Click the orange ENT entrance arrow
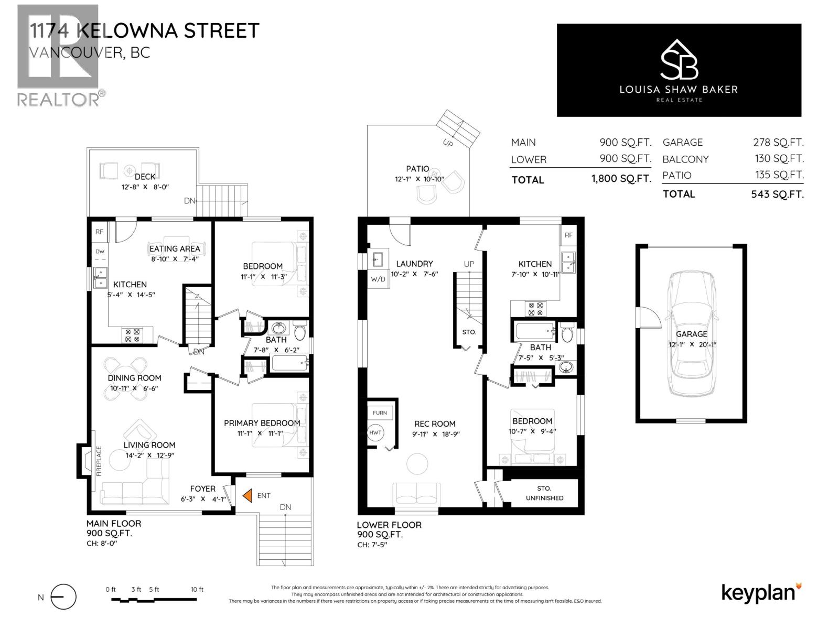pyautogui.click(x=246, y=495)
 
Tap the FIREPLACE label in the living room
pyautogui.click(x=98, y=461)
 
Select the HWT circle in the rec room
pyautogui.click(x=375, y=433)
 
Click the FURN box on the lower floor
pyautogui.click(x=380, y=413)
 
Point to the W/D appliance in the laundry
pyautogui.click(x=378, y=279)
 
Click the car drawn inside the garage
pyautogui.click(x=691, y=335)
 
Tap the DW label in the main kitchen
pyautogui.click(x=100, y=252)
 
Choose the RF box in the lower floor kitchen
pyautogui.click(x=569, y=235)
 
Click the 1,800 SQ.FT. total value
pyautogui.click(x=621, y=179)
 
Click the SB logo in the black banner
pyautogui.click(x=679, y=59)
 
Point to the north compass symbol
pyautogui.click(x=63, y=597)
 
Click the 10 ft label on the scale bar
pyautogui.click(x=197, y=590)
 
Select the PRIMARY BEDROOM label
pyautogui.click(x=262, y=423)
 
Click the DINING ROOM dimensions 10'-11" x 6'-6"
pyautogui.click(x=134, y=388)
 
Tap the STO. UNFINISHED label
pyautogui.click(x=544, y=493)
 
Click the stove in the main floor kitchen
pyautogui.click(x=132, y=335)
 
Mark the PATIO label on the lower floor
pyautogui.click(x=417, y=169)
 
